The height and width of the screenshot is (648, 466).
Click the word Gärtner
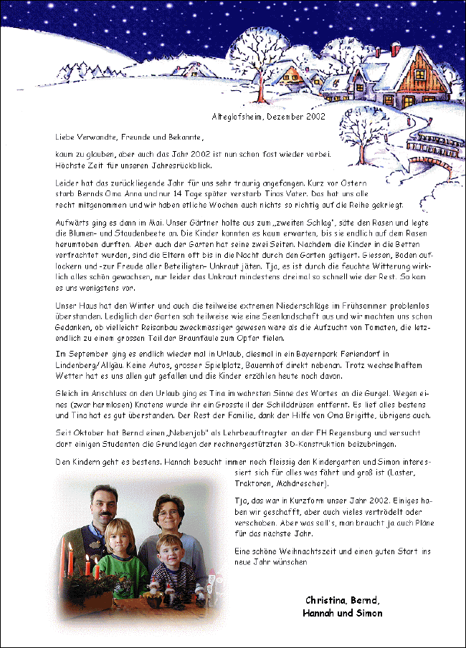pos(175,222)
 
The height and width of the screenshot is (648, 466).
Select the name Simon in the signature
pos(369,613)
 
